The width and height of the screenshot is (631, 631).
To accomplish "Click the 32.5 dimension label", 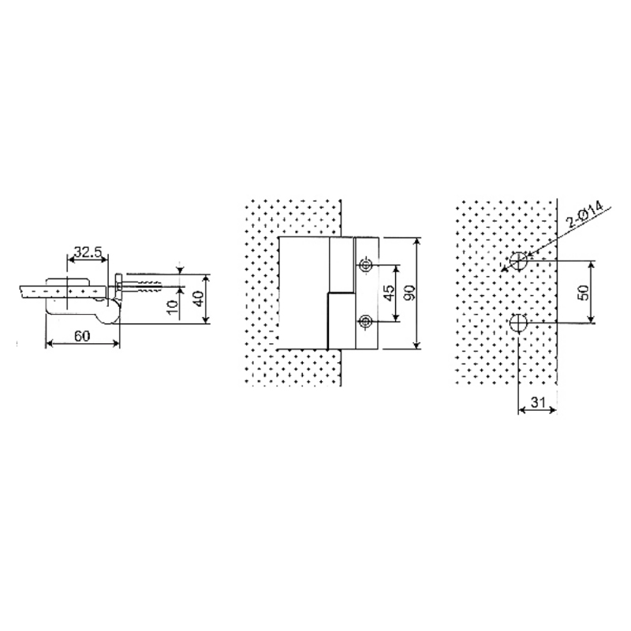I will coord(87,253).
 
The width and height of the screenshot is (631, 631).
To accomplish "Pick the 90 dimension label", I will coord(409,293).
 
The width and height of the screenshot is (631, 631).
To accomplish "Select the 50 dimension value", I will coord(583,291).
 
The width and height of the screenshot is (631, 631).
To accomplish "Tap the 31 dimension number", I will coord(538,401).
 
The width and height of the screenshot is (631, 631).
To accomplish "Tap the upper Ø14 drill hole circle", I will coord(518,261).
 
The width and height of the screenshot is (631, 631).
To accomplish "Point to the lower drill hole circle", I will coord(518,323).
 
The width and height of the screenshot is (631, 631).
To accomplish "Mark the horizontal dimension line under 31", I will coord(537,411).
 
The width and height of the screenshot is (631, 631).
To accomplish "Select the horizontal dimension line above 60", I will coord(82,343).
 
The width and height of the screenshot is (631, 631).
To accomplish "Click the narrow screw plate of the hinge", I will coord(366,293).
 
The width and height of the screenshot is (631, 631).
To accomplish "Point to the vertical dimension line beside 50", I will coord(592,291).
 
